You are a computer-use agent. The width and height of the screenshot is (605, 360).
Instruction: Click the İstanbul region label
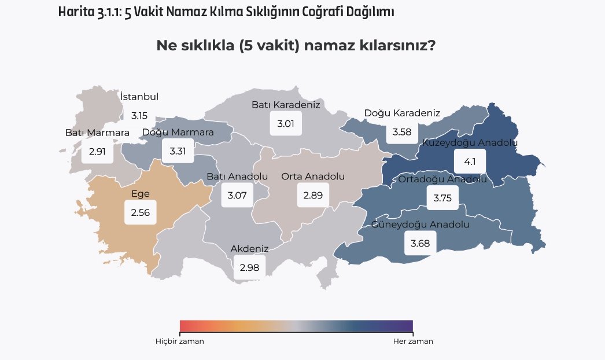click(x=139, y=97)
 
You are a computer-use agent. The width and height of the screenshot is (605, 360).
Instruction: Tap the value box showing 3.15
click(x=139, y=116)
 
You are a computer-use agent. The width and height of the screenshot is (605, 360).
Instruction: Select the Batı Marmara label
click(x=97, y=133)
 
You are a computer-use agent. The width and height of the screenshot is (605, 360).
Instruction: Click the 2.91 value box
click(x=97, y=152)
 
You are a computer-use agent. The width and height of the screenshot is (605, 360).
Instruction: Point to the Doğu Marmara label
click(x=178, y=132)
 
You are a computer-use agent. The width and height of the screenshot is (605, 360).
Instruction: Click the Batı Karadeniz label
click(x=286, y=105)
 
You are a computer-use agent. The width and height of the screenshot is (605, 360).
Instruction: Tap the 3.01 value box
click(x=286, y=124)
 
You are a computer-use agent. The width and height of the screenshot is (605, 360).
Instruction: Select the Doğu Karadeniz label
click(x=403, y=113)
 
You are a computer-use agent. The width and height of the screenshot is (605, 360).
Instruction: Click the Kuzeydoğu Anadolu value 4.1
click(x=470, y=161)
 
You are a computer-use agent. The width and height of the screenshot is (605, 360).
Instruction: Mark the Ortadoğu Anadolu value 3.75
click(x=442, y=198)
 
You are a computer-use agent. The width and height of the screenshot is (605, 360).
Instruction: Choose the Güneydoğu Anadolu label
click(x=420, y=224)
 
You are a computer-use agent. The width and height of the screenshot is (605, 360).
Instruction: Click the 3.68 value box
click(x=420, y=243)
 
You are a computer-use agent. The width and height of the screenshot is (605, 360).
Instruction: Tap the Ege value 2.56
click(x=141, y=213)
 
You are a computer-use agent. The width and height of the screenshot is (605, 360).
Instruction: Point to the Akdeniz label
click(x=250, y=249)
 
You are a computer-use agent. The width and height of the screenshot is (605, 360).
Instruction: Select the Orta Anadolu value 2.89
click(x=313, y=196)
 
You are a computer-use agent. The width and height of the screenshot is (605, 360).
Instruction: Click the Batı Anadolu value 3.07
click(x=237, y=196)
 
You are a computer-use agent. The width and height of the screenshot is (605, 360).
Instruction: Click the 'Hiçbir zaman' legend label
click(x=180, y=341)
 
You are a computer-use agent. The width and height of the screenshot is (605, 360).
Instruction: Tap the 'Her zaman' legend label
click(x=413, y=341)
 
